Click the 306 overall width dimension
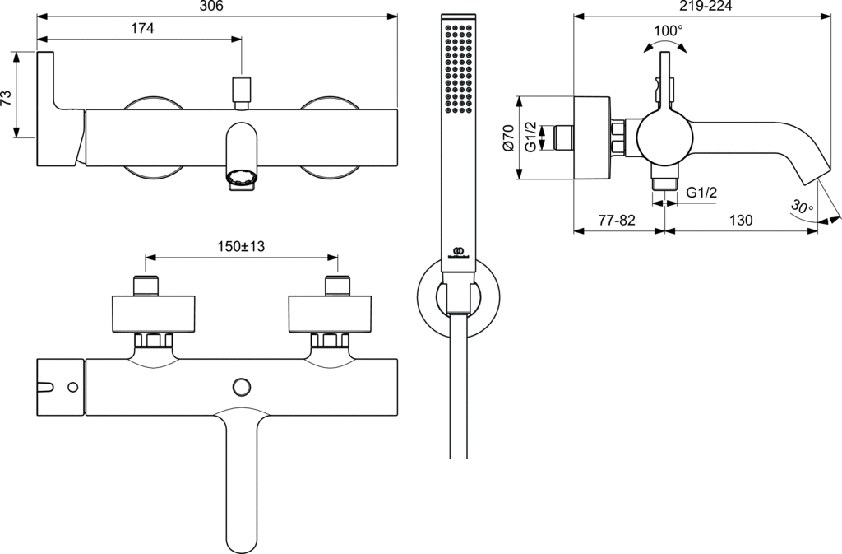[x=213, y=7]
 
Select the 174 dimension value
[x=142, y=28]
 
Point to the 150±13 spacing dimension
[x=241, y=246]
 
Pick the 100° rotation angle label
[x=668, y=30]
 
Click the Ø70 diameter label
[x=507, y=137]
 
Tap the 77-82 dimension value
[x=617, y=220]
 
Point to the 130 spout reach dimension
[x=740, y=220]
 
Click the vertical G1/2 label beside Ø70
[x=531, y=137]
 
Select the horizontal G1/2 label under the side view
[x=701, y=192]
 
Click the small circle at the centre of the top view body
[x=242, y=385]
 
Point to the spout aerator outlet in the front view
[x=241, y=179]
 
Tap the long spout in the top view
[x=241, y=477]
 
